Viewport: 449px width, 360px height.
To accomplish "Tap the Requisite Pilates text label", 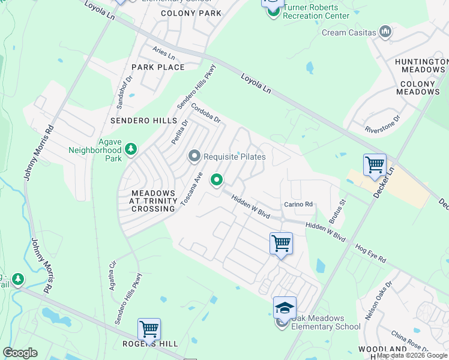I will [x=234, y=157].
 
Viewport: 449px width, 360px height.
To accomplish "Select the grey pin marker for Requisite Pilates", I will [x=194, y=157].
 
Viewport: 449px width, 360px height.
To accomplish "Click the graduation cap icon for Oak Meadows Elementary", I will [x=285, y=308].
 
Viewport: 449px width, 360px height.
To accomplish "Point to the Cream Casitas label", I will [x=349, y=32].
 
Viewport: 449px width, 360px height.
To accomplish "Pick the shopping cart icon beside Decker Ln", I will [x=375, y=163].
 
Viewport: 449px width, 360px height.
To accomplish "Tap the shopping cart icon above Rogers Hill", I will [x=149, y=328].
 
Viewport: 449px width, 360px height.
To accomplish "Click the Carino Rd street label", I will [x=299, y=205].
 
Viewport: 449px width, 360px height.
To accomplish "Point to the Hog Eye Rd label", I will [x=370, y=252].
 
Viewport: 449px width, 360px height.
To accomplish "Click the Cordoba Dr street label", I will [x=206, y=113].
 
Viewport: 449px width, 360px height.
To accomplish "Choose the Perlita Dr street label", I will [x=179, y=132].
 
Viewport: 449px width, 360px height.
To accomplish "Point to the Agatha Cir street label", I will [x=112, y=275].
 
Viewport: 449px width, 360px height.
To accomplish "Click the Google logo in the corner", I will [x=20, y=353].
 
